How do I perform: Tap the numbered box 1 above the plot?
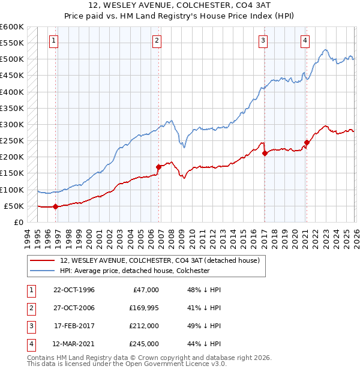(54, 41)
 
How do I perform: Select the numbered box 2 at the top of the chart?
(157, 41)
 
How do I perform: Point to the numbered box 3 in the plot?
(263, 41)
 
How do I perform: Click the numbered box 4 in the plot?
(305, 41)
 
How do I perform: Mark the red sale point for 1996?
(56, 206)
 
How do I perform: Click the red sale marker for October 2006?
(158, 167)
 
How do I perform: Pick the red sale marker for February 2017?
(265, 153)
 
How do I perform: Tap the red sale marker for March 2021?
(307, 142)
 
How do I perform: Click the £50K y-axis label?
(14, 206)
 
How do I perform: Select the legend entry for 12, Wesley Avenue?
(159, 260)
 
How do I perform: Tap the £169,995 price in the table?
(142, 308)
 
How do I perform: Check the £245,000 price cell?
(142, 344)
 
